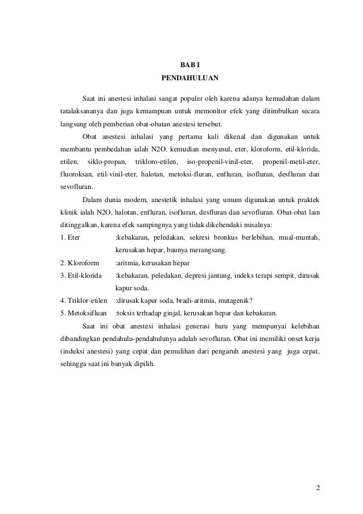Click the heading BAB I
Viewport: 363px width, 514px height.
pyautogui.click(x=181, y=64)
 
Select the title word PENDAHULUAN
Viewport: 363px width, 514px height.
pyautogui.click(x=181, y=77)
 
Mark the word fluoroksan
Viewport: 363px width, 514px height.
pyautogui.click(x=76, y=174)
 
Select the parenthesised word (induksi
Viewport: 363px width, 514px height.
pyautogui.click(x=75, y=351)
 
